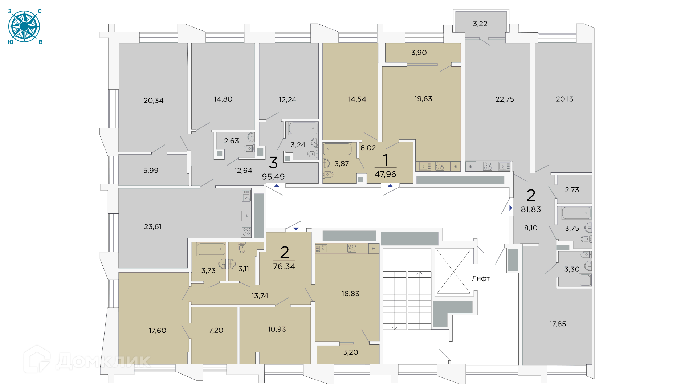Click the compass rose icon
[x=24, y=26]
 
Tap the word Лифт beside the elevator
[x=480, y=278]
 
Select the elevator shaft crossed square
[x=453, y=271]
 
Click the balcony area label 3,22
[x=480, y=24]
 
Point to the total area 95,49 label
[x=273, y=177]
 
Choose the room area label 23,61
[x=153, y=226]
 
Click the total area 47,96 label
[x=386, y=174]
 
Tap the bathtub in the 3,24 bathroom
[x=303, y=128]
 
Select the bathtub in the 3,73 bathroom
[x=211, y=249]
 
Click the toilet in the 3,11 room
[x=242, y=248]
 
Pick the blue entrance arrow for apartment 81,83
[x=511, y=208]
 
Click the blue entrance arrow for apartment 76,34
[x=296, y=229]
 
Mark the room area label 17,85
[x=558, y=324]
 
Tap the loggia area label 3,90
[x=419, y=53]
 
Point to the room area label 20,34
[x=154, y=101]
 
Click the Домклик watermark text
[x=103, y=361]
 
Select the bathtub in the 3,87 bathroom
[x=338, y=149]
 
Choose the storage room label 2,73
[x=572, y=190]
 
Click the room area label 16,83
[x=350, y=294]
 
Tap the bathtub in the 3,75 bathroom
[x=576, y=213]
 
